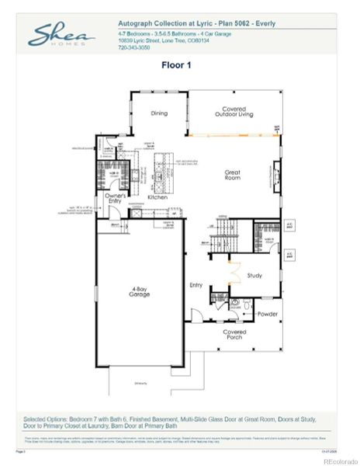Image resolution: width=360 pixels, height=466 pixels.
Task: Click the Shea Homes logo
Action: click(x=62, y=35)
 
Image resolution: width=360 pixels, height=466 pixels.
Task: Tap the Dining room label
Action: click(x=158, y=113)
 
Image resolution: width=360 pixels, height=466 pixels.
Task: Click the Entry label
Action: click(x=196, y=285)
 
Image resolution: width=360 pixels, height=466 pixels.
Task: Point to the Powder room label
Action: click(x=267, y=314)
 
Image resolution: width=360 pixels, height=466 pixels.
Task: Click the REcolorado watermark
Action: click(x=339, y=461)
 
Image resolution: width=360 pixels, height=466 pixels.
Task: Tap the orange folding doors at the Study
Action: click(x=230, y=273)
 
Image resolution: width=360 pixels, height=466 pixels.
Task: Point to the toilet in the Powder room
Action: click(x=244, y=305)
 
